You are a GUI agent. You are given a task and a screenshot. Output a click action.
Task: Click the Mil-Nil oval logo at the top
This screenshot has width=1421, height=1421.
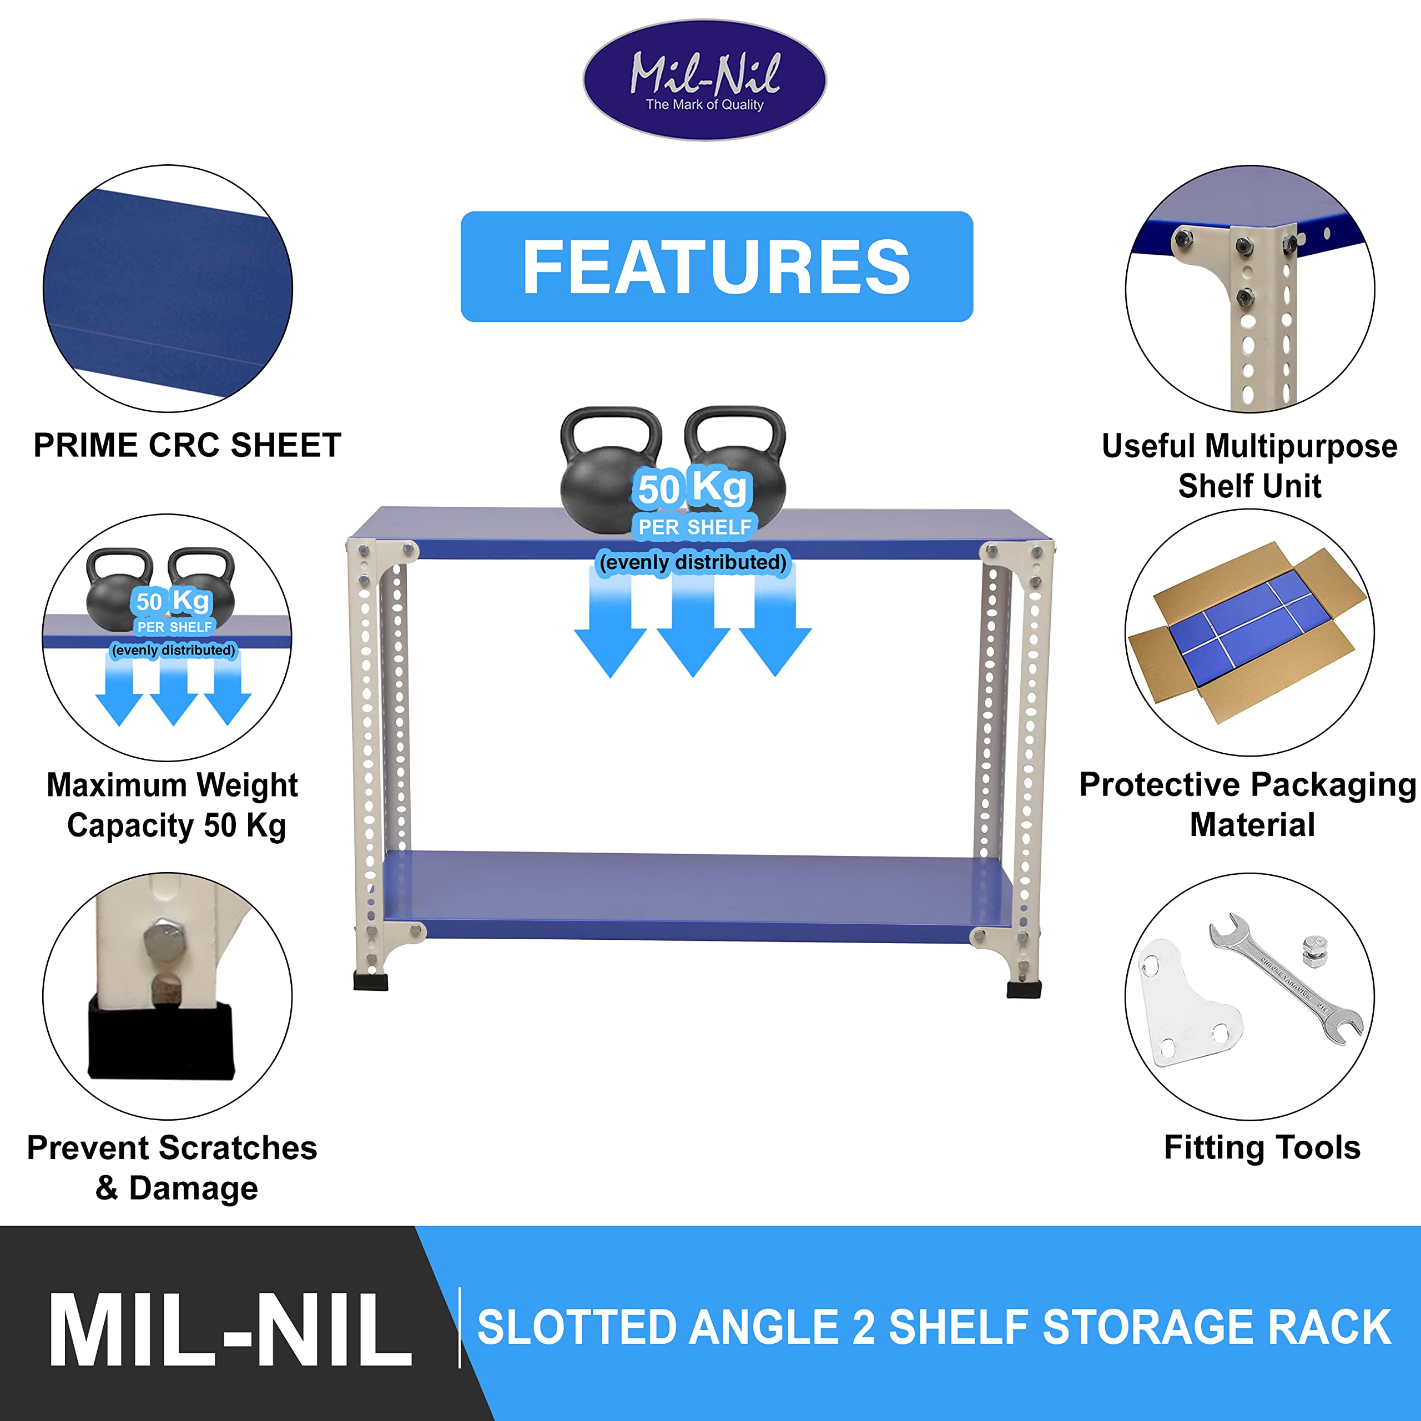pyautogui.click(x=704, y=79)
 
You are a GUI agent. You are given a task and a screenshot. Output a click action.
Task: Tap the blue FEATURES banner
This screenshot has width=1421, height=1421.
pyautogui.click(x=717, y=266)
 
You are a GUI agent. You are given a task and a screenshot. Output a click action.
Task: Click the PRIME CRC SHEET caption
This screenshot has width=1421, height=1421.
pyautogui.click(x=188, y=445)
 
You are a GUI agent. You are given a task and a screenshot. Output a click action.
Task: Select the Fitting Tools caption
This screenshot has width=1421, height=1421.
pyautogui.click(x=1262, y=1147)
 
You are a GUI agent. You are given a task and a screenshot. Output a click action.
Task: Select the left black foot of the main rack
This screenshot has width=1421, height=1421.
pyautogui.click(x=371, y=981)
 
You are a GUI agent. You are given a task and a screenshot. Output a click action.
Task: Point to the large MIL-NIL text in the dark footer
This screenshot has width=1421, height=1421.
pyautogui.click(x=230, y=1331)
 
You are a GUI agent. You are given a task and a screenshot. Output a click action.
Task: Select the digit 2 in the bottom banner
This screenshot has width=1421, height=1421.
pyautogui.click(x=864, y=1328)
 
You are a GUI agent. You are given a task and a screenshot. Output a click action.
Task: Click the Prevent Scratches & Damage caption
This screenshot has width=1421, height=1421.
pyautogui.click(x=172, y=1168)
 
